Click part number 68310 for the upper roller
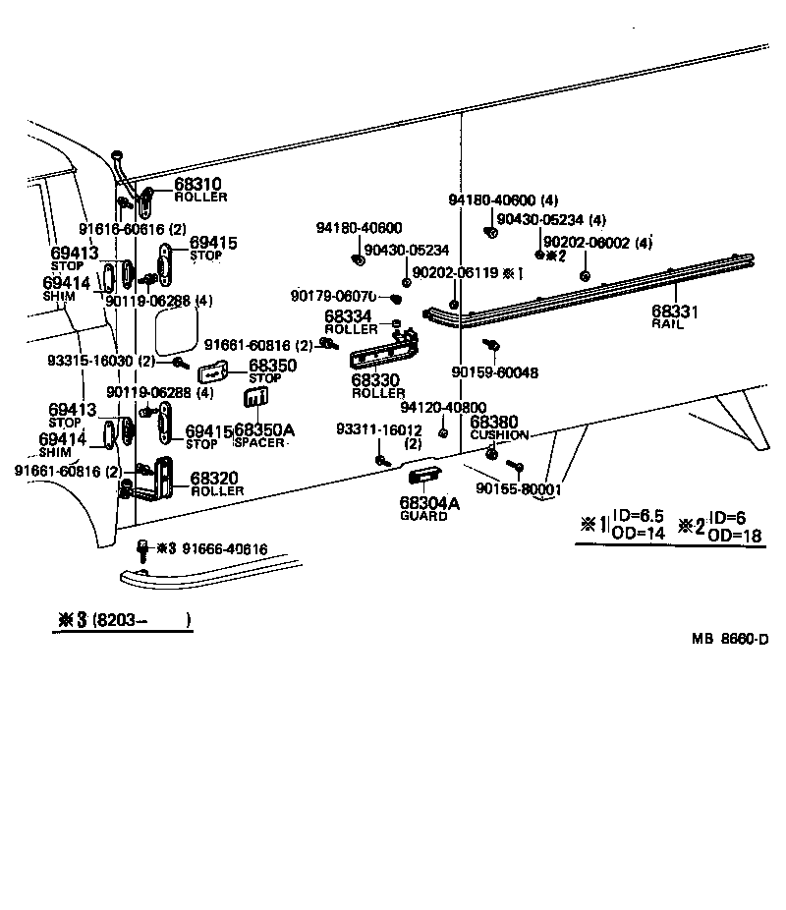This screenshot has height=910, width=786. [197, 184]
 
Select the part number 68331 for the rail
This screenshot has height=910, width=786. [675, 312]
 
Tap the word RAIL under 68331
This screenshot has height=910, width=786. [667, 323]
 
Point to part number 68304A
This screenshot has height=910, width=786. [429, 503]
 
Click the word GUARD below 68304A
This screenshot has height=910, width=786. [423, 516]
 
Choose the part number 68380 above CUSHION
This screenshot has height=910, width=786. [492, 422]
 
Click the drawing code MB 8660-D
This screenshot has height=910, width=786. [729, 639]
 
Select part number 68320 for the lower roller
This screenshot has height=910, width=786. [213, 479]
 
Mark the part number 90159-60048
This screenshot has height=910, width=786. [495, 373]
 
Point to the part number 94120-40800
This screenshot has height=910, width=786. [443, 407]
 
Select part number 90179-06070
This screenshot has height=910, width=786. [334, 296]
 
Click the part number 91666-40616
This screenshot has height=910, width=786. [224, 548]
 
